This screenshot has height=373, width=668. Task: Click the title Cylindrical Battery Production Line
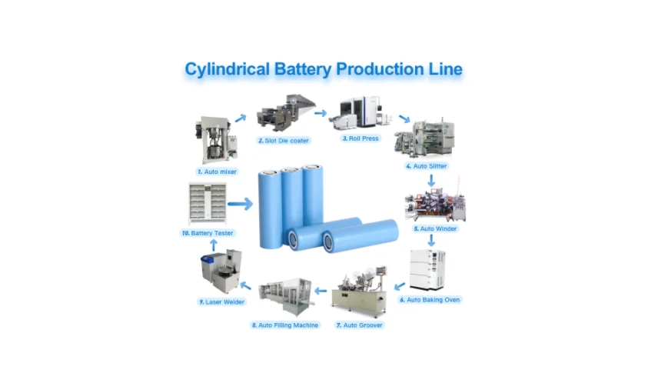click(x=324, y=69)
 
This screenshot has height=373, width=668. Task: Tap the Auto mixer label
click(x=216, y=172)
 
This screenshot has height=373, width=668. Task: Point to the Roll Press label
click(x=361, y=138)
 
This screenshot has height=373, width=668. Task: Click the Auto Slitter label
click(x=426, y=166)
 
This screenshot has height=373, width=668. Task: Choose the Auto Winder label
click(x=435, y=228)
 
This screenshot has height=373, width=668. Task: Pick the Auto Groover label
click(x=359, y=325)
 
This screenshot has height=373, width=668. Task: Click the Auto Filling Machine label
click(x=284, y=325)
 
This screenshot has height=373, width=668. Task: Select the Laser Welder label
click(x=221, y=302)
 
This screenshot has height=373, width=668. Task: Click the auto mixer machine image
click(x=216, y=139)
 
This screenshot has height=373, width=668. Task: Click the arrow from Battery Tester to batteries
click(x=240, y=204)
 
